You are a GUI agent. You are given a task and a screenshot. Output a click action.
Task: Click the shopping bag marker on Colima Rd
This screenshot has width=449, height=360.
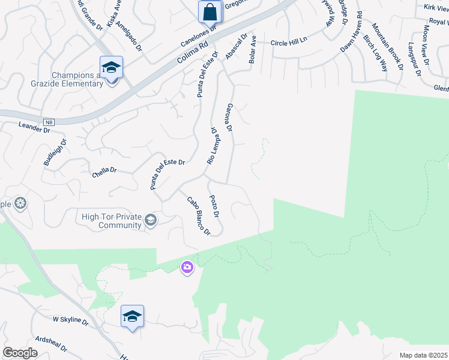click(x=210, y=11)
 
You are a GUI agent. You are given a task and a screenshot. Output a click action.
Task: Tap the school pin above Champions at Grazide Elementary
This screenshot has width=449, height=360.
click(x=112, y=67)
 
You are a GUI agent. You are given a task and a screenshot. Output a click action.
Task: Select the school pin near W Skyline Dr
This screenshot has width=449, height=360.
click(x=132, y=316)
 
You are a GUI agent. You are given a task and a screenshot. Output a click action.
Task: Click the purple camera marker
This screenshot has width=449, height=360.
click(x=188, y=268)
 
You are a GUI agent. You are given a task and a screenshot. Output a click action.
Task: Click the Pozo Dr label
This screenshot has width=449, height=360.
click(x=214, y=206)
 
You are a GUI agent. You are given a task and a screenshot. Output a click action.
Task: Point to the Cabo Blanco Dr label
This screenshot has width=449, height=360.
click(x=199, y=215)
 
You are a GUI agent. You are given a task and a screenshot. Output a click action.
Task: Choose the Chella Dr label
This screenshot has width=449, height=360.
click(x=104, y=170)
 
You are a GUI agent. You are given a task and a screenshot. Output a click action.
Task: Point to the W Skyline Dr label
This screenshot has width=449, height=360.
click(x=71, y=322)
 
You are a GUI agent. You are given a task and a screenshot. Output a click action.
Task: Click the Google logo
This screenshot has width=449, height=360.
click(x=20, y=353)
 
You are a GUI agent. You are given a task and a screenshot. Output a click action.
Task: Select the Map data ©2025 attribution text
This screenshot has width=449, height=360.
click(x=423, y=355)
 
